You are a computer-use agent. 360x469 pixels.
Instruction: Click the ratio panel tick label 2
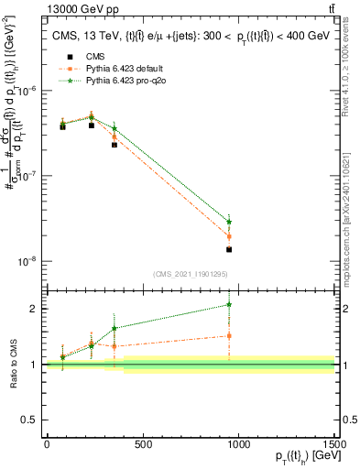[x=33, y=309]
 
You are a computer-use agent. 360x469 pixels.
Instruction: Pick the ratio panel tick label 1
[x=33, y=365]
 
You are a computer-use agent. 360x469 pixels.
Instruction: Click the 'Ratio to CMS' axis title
[x=13, y=363]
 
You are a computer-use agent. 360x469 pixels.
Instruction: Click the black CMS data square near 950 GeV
[x=229, y=249]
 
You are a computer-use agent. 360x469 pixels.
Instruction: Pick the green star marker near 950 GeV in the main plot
[x=229, y=222]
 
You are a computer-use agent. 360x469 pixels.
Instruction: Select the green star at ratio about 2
[x=229, y=304]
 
